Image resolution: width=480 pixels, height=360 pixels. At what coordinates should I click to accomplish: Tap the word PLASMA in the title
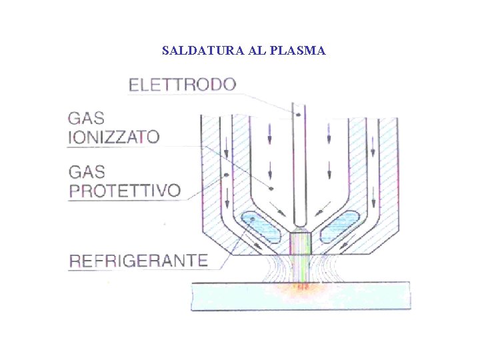(299, 51)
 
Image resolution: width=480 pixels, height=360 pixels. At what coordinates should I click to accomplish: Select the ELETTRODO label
(182, 85)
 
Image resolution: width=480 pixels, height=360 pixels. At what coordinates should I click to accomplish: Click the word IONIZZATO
(114, 137)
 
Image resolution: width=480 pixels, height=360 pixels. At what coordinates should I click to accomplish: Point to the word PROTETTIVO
(125, 191)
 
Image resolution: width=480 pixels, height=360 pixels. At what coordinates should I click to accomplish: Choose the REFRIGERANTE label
(139, 261)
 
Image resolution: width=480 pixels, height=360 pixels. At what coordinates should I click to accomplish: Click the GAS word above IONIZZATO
(87, 119)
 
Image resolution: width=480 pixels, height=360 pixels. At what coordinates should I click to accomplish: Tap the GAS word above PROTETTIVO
(87, 172)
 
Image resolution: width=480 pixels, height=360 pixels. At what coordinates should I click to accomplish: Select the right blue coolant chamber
(342, 226)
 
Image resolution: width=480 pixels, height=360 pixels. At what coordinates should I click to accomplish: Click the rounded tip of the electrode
(299, 221)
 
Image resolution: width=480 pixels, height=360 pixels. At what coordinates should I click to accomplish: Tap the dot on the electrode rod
(299, 115)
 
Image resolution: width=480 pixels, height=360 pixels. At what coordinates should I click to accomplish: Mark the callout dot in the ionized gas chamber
(271, 189)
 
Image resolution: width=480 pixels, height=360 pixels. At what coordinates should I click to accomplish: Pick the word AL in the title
(258, 51)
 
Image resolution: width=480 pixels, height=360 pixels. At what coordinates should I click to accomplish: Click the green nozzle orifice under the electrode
(300, 241)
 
